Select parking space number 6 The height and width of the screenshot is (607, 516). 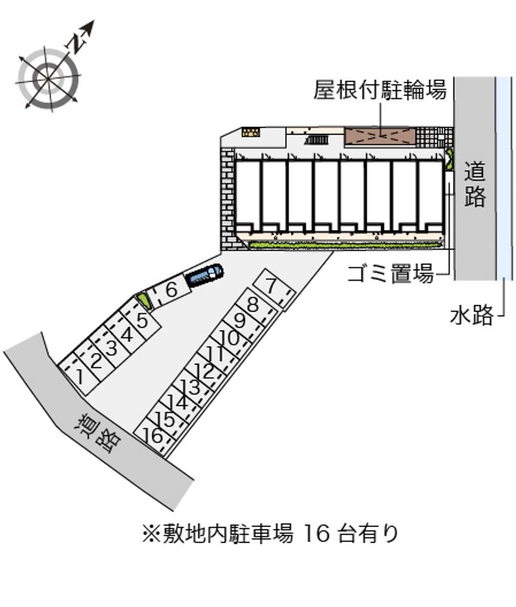click(x=171, y=291)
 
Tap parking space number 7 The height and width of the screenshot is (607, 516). click(x=273, y=288)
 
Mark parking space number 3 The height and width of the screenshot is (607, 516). click(x=112, y=347)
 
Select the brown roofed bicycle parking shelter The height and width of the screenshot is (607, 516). click(x=380, y=137)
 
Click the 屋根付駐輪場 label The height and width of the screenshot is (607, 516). click(x=380, y=90)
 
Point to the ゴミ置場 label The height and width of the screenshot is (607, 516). click(x=391, y=274)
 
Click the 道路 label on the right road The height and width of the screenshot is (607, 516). click(x=475, y=184)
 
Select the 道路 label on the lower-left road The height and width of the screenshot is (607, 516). click(x=99, y=433)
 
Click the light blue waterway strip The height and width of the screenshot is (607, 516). click(x=504, y=178)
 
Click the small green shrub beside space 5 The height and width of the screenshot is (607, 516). click(x=143, y=299)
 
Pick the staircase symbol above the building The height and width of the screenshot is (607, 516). click(x=317, y=140)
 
